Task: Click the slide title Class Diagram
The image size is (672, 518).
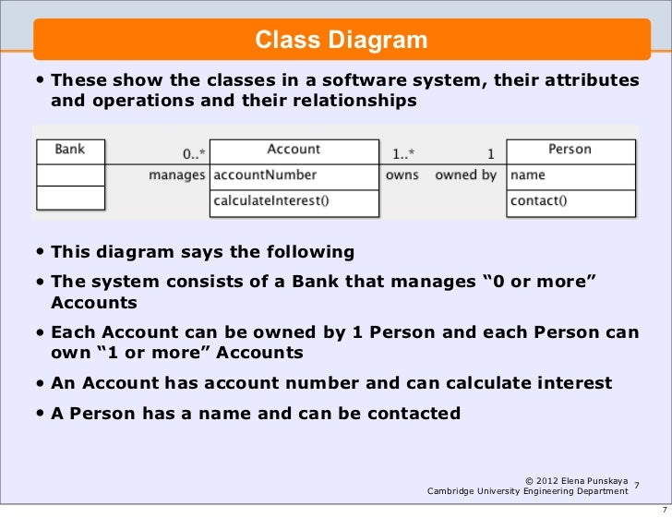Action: click(x=342, y=40)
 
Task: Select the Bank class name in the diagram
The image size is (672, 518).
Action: click(x=70, y=150)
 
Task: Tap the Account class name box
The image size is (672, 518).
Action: click(x=294, y=150)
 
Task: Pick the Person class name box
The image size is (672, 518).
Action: click(x=570, y=150)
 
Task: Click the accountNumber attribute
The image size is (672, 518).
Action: click(x=265, y=175)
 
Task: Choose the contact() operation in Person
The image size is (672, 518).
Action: click(x=538, y=199)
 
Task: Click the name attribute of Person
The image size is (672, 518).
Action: click(x=528, y=175)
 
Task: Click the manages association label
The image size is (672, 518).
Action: click(x=177, y=175)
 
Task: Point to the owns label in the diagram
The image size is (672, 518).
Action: click(x=402, y=175)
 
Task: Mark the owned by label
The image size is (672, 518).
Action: click(x=465, y=175)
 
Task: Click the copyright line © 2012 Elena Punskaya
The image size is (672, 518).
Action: click(x=577, y=480)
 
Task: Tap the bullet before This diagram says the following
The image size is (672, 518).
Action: click(x=42, y=252)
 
